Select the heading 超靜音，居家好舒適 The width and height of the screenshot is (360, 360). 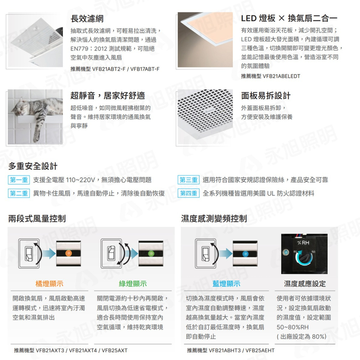[x=108, y=96]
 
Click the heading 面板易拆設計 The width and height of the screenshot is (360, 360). [x=266, y=96]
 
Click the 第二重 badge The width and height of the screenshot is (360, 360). [x=19, y=193]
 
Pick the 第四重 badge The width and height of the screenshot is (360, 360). [x=188, y=193]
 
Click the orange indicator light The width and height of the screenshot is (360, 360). [x=68, y=253]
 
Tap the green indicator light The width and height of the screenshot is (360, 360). [x=150, y=253]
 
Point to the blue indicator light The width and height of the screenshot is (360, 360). [x=245, y=253]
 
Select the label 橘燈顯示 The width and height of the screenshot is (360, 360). [x=49, y=284]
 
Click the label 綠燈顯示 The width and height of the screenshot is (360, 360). [x=133, y=284]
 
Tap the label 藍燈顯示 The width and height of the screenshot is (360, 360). [x=226, y=284]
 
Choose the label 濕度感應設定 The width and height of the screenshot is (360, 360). [x=305, y=284]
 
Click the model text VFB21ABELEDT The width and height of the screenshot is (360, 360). [x=281, y=76]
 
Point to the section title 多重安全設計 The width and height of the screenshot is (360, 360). [x=33, y=166]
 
